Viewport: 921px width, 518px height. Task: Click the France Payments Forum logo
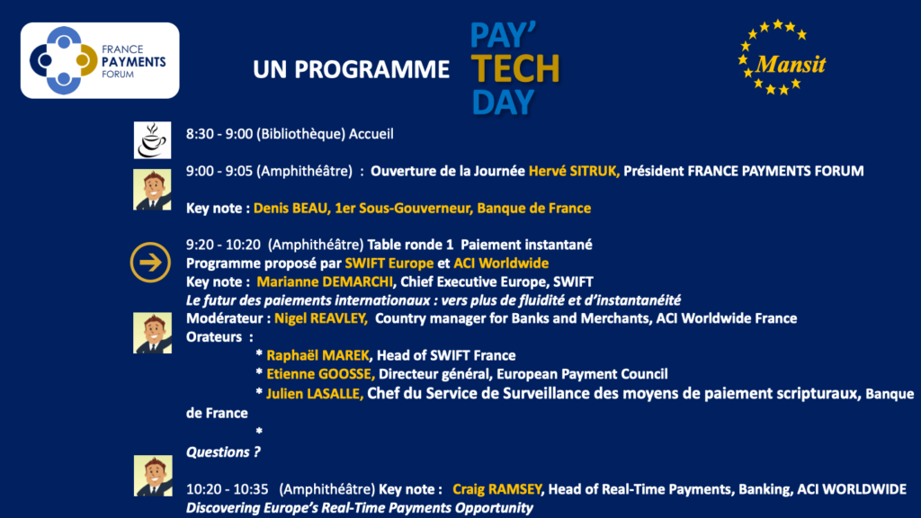(100, 60)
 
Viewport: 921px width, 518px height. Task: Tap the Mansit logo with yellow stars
(782, 58)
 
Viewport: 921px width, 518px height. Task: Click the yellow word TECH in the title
(515, 68)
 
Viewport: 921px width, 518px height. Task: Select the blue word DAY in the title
(503, 103)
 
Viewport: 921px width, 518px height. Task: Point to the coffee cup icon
(152, 140)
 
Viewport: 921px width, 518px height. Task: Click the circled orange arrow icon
(150, 262)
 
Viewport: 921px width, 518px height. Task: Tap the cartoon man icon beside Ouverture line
(152, 190)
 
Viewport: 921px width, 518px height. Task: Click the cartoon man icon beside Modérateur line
(152, 333)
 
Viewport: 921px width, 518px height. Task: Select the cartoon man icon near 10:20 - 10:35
(153, 476)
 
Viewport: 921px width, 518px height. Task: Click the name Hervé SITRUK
(573, 171)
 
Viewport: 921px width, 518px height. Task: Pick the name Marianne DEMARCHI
(325, 281)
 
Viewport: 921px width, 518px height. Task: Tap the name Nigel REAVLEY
(321, 318)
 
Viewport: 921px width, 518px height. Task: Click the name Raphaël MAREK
(317, 355)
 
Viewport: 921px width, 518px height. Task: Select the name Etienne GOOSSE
(320, 374)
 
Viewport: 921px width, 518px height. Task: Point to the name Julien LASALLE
(315, 394)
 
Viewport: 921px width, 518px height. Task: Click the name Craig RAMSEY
(496, 489)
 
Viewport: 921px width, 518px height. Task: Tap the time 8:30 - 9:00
(219, 134)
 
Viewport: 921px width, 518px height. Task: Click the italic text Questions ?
(223, 452)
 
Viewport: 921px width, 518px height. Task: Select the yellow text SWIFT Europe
(389, 263)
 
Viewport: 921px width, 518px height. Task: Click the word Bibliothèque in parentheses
(300, 134)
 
